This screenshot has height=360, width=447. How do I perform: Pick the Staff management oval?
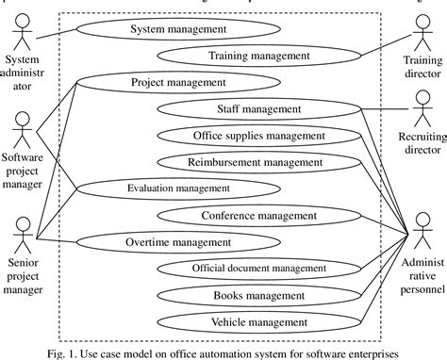click(x=253, y=109)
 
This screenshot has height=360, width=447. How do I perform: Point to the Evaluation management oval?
click(x=177, y=188)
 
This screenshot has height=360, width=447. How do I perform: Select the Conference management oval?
click(x=258, y=216)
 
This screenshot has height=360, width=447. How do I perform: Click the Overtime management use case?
click(x=177, y=241)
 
